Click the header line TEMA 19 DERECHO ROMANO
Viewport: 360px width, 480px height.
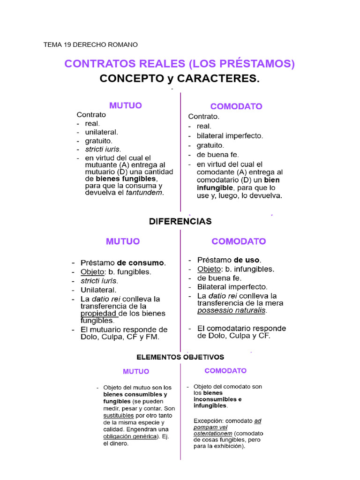(90, 45)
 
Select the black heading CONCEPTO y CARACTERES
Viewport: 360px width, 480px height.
(180, 78)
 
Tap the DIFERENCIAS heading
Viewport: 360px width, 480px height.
(180, 221)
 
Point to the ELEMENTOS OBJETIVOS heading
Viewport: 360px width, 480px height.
(180, 357)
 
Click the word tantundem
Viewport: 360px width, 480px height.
(145, 193)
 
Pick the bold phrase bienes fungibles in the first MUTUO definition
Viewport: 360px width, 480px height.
(126, 179)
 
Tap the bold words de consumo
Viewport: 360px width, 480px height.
(141, 263)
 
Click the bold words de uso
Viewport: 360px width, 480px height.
(247, 260)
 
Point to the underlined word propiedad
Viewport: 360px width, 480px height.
(98, 314)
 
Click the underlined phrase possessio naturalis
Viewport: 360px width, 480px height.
(232, 310)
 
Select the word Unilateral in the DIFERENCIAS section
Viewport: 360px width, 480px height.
(98, 290)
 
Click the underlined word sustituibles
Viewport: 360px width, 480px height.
(119, 415)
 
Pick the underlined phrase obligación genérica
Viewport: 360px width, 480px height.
(129, 436)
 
